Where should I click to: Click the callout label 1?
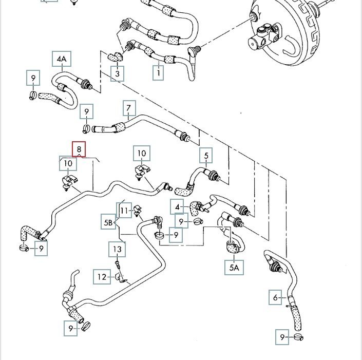(159, 73)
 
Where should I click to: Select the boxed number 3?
(118, 74)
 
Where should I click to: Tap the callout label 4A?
(61, 59)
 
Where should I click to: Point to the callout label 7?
(129, 109)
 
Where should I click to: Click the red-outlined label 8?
(79, 149)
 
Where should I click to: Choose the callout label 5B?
(108, 222)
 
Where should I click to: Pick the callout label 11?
(124, 210)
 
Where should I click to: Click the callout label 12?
(102, 277)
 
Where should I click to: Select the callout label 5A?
(234, 268)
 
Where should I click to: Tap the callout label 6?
(276, 297)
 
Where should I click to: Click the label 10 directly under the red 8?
(68, 164)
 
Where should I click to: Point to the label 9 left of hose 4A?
(33, 79)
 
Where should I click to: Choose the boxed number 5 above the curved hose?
(206, 155)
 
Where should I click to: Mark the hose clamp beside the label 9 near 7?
(87, 128)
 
